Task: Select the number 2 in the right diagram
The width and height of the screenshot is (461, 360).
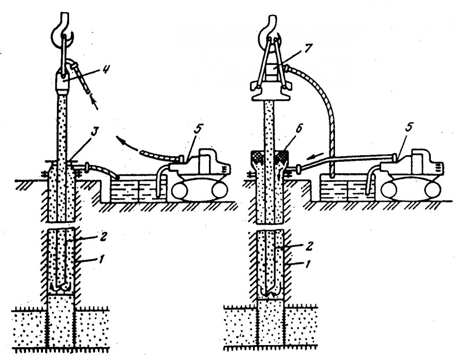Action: [x=307, y=245]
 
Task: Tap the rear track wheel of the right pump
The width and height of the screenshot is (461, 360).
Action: [x=432, y=190]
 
